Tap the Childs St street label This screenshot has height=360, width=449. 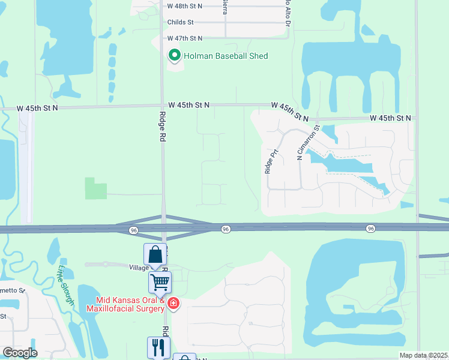tap(181, 22)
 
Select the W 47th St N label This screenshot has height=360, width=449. tap(185, 38)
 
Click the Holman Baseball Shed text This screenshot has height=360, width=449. tap(226, 56)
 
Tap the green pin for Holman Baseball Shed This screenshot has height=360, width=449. tap(174, 56)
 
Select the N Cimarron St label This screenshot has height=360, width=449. tap(309, 142)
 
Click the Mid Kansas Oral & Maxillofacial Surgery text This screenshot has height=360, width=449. tap(125, 304)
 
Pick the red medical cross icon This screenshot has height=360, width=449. tap(173, 304)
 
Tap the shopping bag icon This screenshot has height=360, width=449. tap(155, 254)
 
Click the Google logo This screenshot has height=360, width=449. tap(20, 353)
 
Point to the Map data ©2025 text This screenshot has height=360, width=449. tap(423, 355)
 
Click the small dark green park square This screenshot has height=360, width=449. tap(95, 188)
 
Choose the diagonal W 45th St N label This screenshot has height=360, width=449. tap(289, 110)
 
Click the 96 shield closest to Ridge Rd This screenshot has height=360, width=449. tap(133, 229)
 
